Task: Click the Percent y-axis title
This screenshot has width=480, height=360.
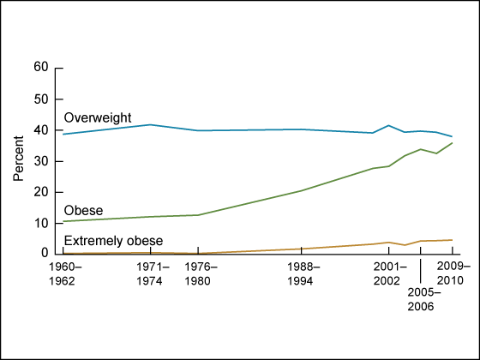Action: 19,159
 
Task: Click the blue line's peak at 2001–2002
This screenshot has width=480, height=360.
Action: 388,125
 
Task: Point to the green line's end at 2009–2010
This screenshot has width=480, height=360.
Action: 452,142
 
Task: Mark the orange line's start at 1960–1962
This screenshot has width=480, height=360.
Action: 63,253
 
